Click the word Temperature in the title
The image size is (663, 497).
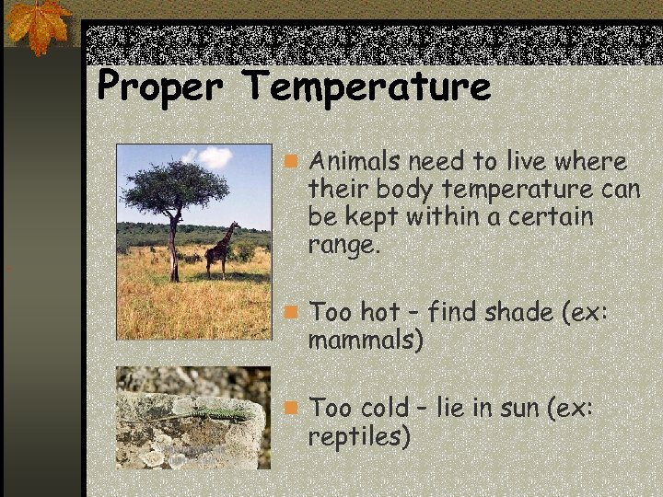tap(367, 88)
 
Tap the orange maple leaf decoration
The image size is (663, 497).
tap(40, 25)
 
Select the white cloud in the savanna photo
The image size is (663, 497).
tap(213, 157)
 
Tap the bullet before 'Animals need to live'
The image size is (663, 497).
tap(291, 163)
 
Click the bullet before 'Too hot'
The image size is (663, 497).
tap(291, 312)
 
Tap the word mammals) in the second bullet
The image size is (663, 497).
tap(366, 340)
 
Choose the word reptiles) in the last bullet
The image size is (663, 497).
tap(360, 436)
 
